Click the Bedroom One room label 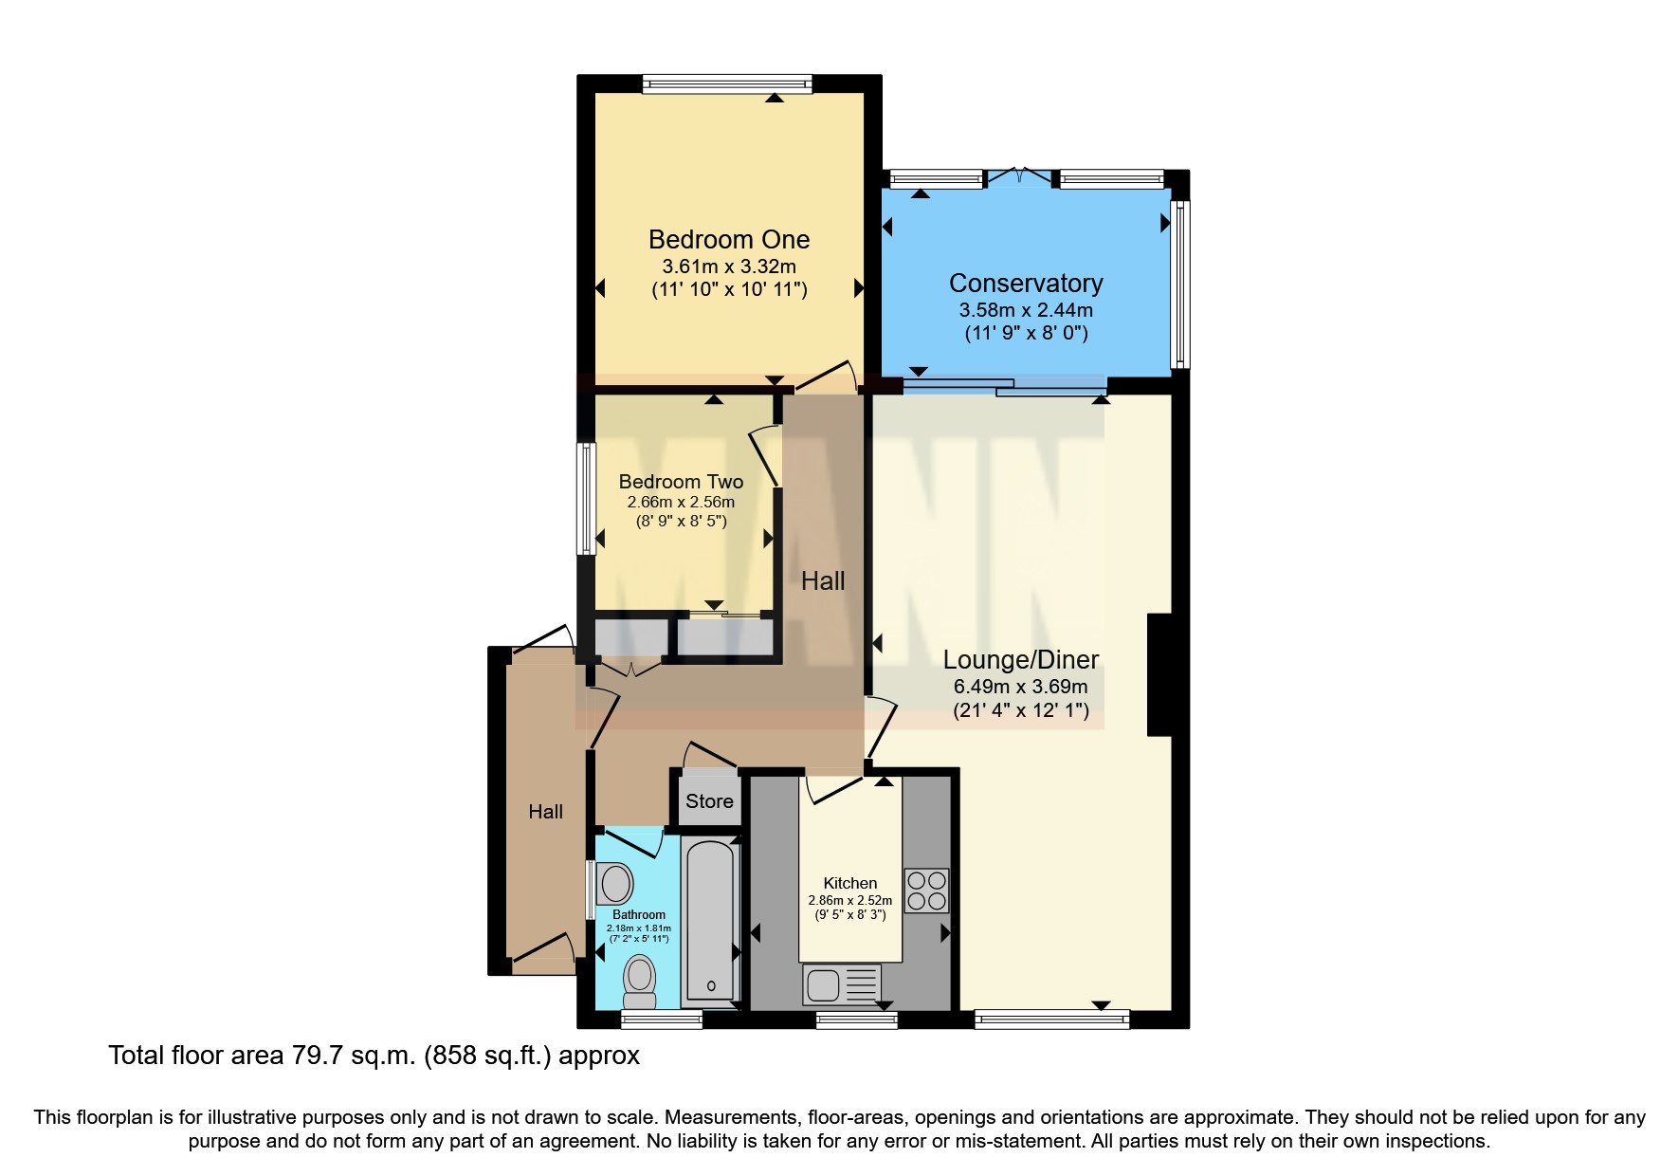728,239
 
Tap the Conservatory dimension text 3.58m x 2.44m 1026,309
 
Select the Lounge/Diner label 1020,659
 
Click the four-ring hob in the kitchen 926,891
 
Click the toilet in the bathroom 640,981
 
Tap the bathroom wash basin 616,884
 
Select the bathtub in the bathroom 710,920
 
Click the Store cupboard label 709,801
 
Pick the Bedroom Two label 681,482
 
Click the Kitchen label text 849,883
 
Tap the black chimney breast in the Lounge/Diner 1159,674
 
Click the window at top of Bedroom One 727,84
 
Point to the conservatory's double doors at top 1019,176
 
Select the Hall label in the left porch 545,812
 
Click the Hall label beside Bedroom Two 822,580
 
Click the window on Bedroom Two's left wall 587,498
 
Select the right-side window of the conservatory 1180,284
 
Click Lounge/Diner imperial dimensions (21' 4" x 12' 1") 1020,710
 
